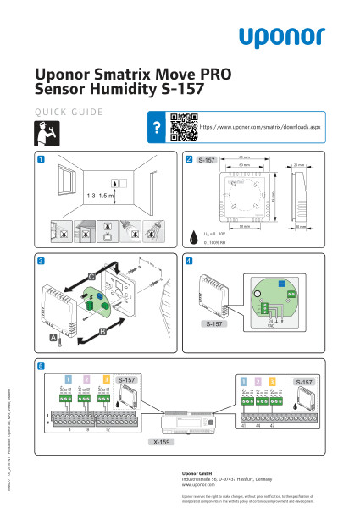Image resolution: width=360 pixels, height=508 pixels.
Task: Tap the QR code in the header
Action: point(181,124)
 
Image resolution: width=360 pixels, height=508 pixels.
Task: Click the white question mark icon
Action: point(156,125)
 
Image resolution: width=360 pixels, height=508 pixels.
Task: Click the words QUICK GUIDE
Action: point(69,111)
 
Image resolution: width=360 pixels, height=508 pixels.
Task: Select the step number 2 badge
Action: point(189,158)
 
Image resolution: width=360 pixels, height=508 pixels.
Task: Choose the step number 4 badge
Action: point(189,259)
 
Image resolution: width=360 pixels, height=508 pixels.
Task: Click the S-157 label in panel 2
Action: point(208,159)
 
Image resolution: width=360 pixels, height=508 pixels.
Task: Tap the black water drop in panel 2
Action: point(197,235)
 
